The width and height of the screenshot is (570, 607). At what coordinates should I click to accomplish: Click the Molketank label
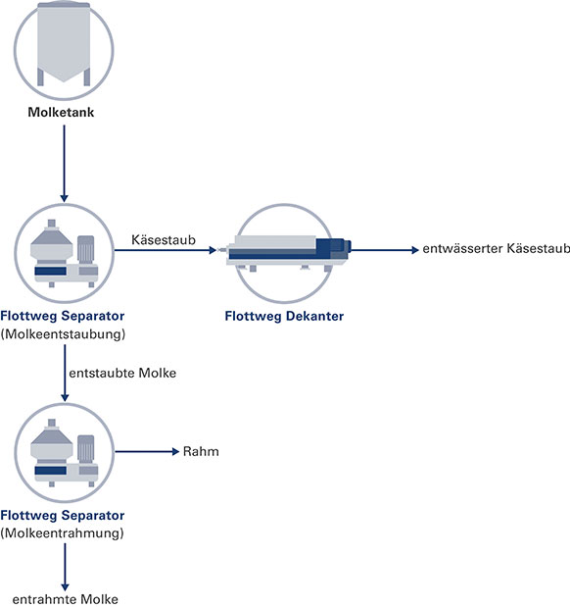(61, 112)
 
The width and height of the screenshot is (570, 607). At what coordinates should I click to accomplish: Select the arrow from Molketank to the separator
(65, 164)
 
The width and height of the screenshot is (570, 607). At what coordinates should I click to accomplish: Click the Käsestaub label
(164, 239)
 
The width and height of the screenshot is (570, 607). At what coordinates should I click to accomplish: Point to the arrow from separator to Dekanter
(166, 250)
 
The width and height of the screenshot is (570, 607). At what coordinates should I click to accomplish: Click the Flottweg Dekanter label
(284, 316)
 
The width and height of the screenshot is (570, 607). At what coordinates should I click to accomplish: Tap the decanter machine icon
(289, 253)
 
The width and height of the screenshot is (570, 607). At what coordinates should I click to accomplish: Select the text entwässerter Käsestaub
(497, 248)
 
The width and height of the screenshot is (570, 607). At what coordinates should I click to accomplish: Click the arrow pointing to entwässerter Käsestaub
(385, 250)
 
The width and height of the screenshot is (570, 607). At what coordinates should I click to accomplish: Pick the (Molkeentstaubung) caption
(63, 333)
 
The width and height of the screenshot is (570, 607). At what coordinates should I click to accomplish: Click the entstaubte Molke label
(122, 373)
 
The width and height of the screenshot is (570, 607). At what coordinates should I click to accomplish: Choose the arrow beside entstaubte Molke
(65, 373)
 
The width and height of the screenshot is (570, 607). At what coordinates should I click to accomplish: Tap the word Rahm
(201, 451)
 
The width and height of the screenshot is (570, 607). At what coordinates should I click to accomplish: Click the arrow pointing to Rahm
(147, 451)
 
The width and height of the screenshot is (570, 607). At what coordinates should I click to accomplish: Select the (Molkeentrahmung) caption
(62, 533)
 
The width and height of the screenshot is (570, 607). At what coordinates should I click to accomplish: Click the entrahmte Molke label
(65, 599)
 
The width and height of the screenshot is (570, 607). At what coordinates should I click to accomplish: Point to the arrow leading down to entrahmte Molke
(65, 567)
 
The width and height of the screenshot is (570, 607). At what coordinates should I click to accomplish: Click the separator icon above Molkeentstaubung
(65, 253)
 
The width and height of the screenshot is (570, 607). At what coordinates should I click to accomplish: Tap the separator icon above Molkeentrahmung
(65, 452)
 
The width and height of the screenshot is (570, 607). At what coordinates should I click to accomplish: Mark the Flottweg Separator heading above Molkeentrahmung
(63, 515)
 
